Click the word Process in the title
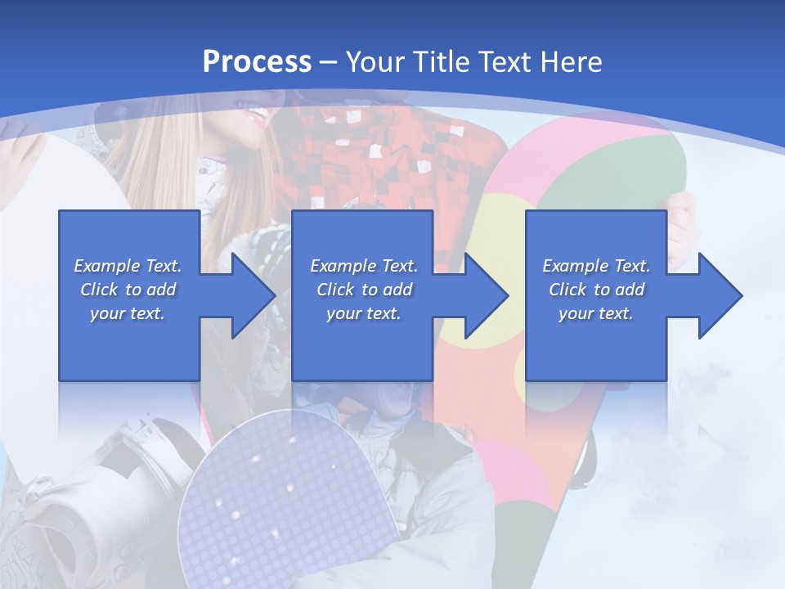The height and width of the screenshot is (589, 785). click(257, 62)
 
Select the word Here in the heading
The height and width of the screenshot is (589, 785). click(569, 62)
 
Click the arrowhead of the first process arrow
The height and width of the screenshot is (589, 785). click(249, 295)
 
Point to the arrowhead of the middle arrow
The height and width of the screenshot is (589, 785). click(483, 295)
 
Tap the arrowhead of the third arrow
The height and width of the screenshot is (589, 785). click(717, 295)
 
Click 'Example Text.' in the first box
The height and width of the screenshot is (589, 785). click(128, 266)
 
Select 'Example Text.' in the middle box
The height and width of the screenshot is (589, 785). click(363, 266)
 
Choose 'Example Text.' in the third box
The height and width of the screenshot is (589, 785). click(596, 266)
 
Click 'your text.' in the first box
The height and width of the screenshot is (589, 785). click(128, 313)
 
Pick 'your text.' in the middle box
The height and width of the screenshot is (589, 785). click(363, 313)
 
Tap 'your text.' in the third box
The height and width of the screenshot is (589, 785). click(596, 313)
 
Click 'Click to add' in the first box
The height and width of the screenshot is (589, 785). click(128, 290)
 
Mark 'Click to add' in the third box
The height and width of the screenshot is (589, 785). click(596, 290)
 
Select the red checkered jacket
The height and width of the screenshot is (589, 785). click(384, 164)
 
